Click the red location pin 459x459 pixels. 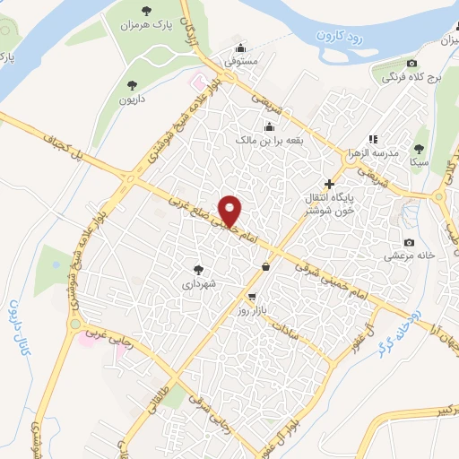click(x=231, y=210)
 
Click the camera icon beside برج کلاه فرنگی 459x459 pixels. click(x=411, y=63)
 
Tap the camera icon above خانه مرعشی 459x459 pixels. click(x=410, y=242)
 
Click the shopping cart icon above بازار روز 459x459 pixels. click(x=252, y=297)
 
